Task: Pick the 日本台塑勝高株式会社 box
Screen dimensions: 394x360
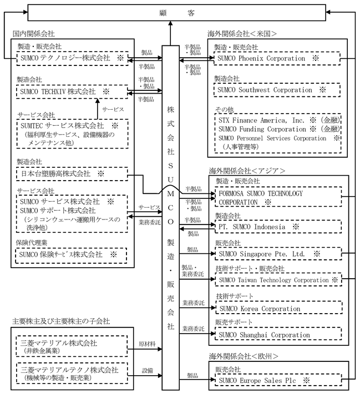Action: (72, 173)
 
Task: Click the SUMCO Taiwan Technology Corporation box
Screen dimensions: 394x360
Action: (277, 280)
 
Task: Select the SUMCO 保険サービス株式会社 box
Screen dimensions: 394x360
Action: (72, 254)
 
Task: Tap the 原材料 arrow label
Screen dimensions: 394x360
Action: (146, 345)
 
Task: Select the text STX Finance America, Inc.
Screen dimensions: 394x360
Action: (260, 119)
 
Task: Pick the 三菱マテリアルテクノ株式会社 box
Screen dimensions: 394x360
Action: (72, 373)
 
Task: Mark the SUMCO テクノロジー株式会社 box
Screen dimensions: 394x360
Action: (72, 58)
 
